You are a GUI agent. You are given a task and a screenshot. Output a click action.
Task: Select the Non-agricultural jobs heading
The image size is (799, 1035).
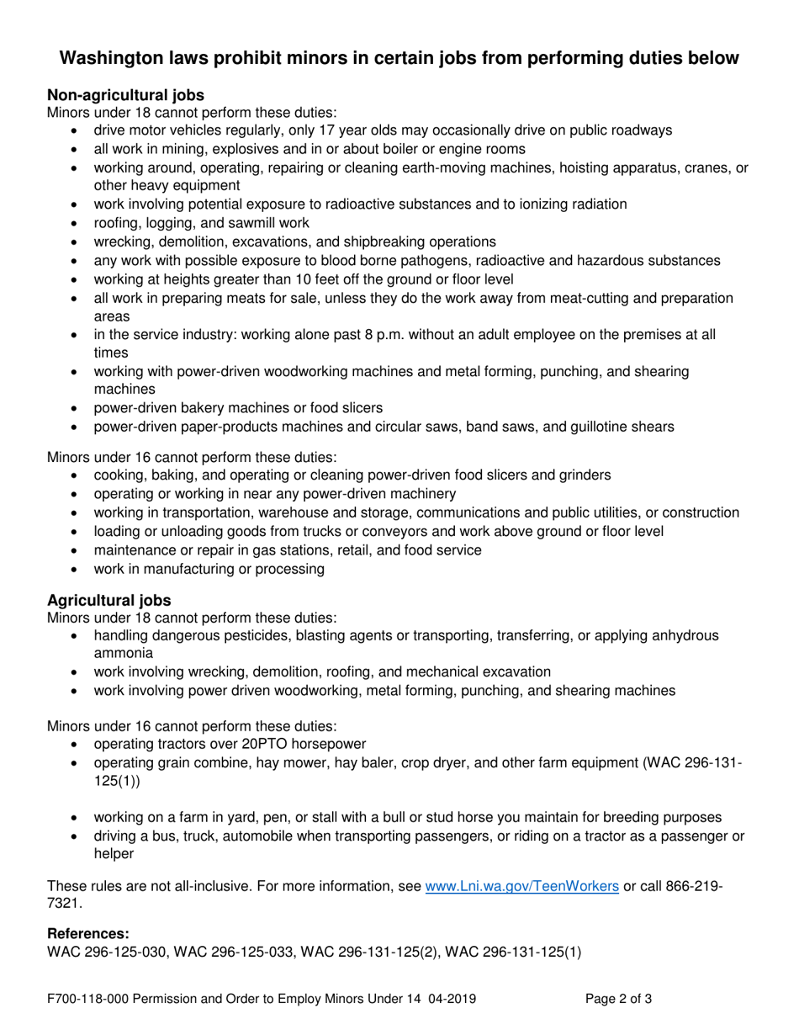point(125,95)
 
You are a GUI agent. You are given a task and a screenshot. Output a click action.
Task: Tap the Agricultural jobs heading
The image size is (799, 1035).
point(109,600)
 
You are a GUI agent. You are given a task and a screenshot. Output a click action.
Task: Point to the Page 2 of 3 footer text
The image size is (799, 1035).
point(619,1000)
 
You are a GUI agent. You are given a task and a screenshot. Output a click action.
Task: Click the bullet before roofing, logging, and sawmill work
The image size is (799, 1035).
point(77,224)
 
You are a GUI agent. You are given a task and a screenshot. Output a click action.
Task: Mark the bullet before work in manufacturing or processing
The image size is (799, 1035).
point(77,570)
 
